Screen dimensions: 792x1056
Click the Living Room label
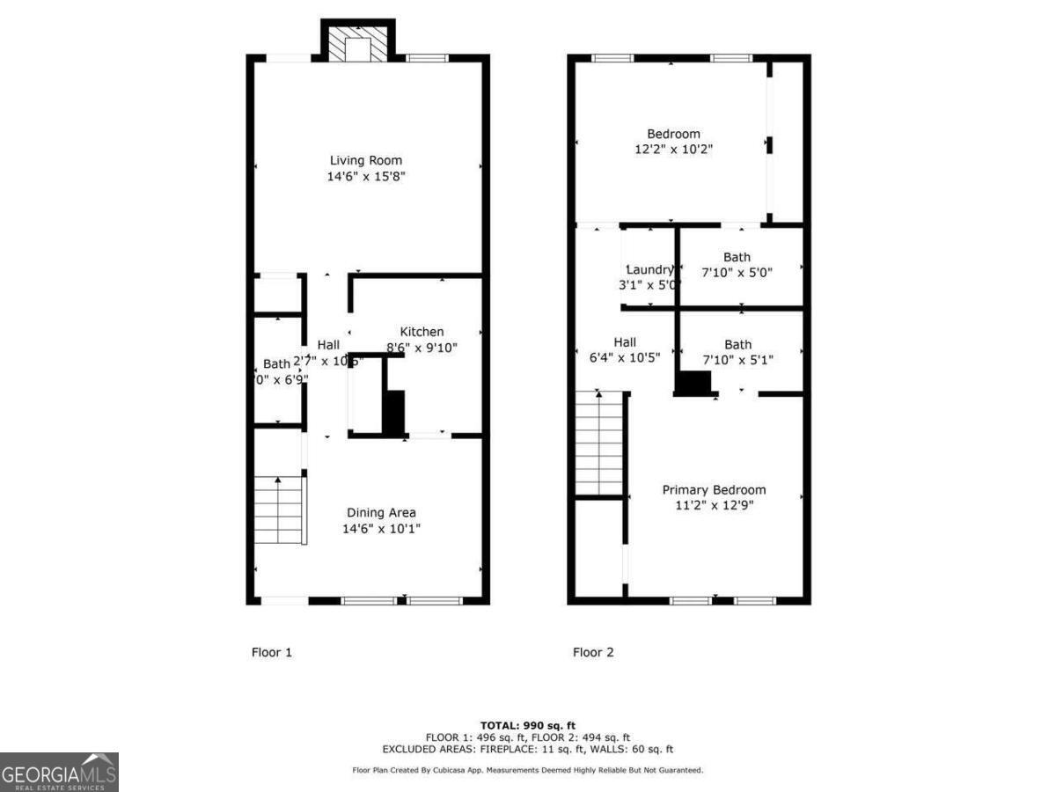click(366, 160)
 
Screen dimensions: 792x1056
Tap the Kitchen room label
click(422, 332)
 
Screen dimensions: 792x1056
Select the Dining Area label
click(381, 513)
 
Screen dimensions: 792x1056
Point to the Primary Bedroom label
click(714, 490)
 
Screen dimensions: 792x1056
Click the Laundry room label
click(649, 269)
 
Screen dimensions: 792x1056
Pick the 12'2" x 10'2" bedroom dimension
click(673, 150)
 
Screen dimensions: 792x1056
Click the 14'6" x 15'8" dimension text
click(366, 176)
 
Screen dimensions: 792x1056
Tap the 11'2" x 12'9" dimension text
click(714, 505)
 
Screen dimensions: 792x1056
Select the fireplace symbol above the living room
click(357, 41)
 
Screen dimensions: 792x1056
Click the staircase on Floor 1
click(279, 510)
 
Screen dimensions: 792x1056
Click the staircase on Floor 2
click(599, 444)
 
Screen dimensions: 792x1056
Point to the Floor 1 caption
click(272, 652)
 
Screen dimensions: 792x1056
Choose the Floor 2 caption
click(593, 652)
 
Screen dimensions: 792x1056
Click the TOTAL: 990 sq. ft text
click(528, 725)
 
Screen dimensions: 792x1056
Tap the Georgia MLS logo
click(59, 772)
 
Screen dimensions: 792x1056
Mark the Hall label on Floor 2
click(625, 342)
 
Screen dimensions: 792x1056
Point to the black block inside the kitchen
click(393, 412)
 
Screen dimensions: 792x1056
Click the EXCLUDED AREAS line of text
click(528, 749)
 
